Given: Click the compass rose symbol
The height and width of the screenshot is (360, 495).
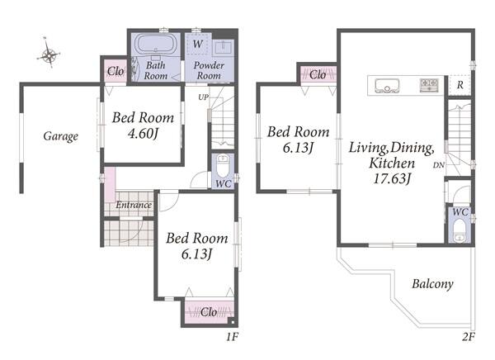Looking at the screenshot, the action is click(49, 55).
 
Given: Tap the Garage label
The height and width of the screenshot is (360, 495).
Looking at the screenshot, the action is click(60, 136).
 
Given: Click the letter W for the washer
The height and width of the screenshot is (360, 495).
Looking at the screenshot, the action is click(198, 44).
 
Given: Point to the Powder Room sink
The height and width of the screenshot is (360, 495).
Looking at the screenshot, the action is click(224, 48).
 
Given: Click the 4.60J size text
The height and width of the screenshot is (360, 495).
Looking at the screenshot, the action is click(143, 134).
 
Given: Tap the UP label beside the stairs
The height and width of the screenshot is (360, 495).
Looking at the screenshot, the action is click(203, 97).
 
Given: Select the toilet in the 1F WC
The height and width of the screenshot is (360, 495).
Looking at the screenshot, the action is click(223, 166).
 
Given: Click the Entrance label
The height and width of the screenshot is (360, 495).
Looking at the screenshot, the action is click(134, 205).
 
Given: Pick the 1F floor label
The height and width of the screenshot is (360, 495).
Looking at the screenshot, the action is click(231, 337).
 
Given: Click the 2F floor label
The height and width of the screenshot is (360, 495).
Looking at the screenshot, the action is click(469, 337).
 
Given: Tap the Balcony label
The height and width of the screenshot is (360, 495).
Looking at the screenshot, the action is click(432, 284).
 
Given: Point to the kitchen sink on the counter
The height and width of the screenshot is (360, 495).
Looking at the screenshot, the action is click(387, 86).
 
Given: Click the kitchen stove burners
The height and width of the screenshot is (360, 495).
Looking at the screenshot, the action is click(429, 85).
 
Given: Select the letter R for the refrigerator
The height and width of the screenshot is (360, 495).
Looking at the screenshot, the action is click(460, 85).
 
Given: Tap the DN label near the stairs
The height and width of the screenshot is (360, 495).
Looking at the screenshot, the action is click(439, 165).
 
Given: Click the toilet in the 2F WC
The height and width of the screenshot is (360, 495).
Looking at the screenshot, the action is click(459, 230).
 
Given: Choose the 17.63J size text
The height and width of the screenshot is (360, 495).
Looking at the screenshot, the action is click(392, 178).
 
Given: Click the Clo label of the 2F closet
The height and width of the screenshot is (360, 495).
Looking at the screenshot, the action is click(318, 75).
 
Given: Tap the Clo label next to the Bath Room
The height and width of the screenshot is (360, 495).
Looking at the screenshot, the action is click(115, 72).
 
